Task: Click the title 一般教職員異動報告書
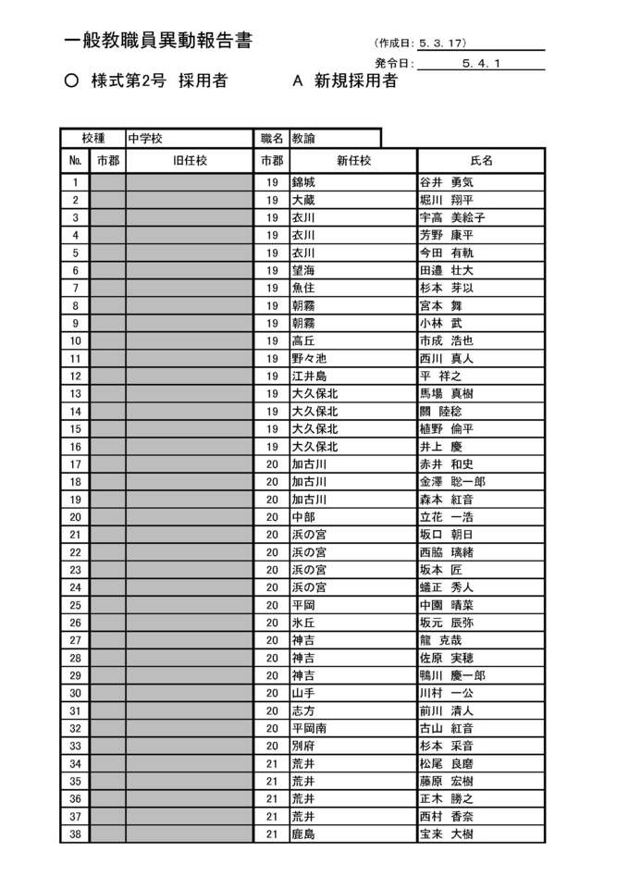pyautogui.click(x=158, y=41)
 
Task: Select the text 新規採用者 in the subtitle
pyautogui.click(x=356, y=81)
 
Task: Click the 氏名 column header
pyautogui.click(x=481, y=160)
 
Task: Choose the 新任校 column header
pyautogui.click(x=353, y=160)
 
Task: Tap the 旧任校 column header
pyautogui.click(x=190, y=160)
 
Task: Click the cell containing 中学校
pyautogui.click(x=145, y=138)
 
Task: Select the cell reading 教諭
pyautogui.click(x=302, y=138)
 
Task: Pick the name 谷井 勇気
pyautogui.click(x=446, y=182)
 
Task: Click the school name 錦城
pyautogui.click(x=302, y=182)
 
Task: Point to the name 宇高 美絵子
pyautogui.click(x=452, y=217)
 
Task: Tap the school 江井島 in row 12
pyautogui.click(x=309, y=377)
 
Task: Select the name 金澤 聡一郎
pyautogui.click(x=452, y=482)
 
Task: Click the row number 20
pyautogui.click(x=75, y=517)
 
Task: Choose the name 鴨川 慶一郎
pyautogui.click(x=452, y=676)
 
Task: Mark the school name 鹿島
pyautogui.click(x=302, y=834)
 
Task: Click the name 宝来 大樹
pyautogui.click(x=446, y=834)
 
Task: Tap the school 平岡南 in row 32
pyautogui.click(x=309, y=729)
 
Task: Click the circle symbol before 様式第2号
pyautogui.click(x=71, y=81)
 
